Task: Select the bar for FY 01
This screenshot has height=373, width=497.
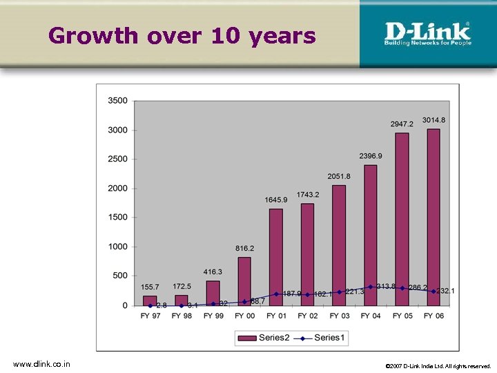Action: point(276,256)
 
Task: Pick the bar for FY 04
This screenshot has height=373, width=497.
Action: point(371,235)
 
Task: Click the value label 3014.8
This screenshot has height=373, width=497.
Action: point(433,120)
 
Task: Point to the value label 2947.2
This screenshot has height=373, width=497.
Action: point(402,124)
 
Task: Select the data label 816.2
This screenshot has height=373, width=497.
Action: point(244,248)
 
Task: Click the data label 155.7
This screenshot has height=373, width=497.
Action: point(150,287)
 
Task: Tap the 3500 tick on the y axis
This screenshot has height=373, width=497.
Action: point(117,101)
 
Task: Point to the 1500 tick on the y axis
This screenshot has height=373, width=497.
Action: point(117,218)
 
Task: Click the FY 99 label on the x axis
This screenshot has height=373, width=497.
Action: point(213,316)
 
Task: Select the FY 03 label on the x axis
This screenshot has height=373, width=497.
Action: point(339,316)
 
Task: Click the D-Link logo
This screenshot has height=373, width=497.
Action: point(427,33)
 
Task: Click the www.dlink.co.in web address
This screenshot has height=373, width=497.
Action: point(41,364)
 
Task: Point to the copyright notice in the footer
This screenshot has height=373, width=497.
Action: point(438,365)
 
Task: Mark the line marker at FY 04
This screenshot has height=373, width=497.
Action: point(371,287)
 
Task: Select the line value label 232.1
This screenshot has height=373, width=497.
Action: point(445,291)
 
